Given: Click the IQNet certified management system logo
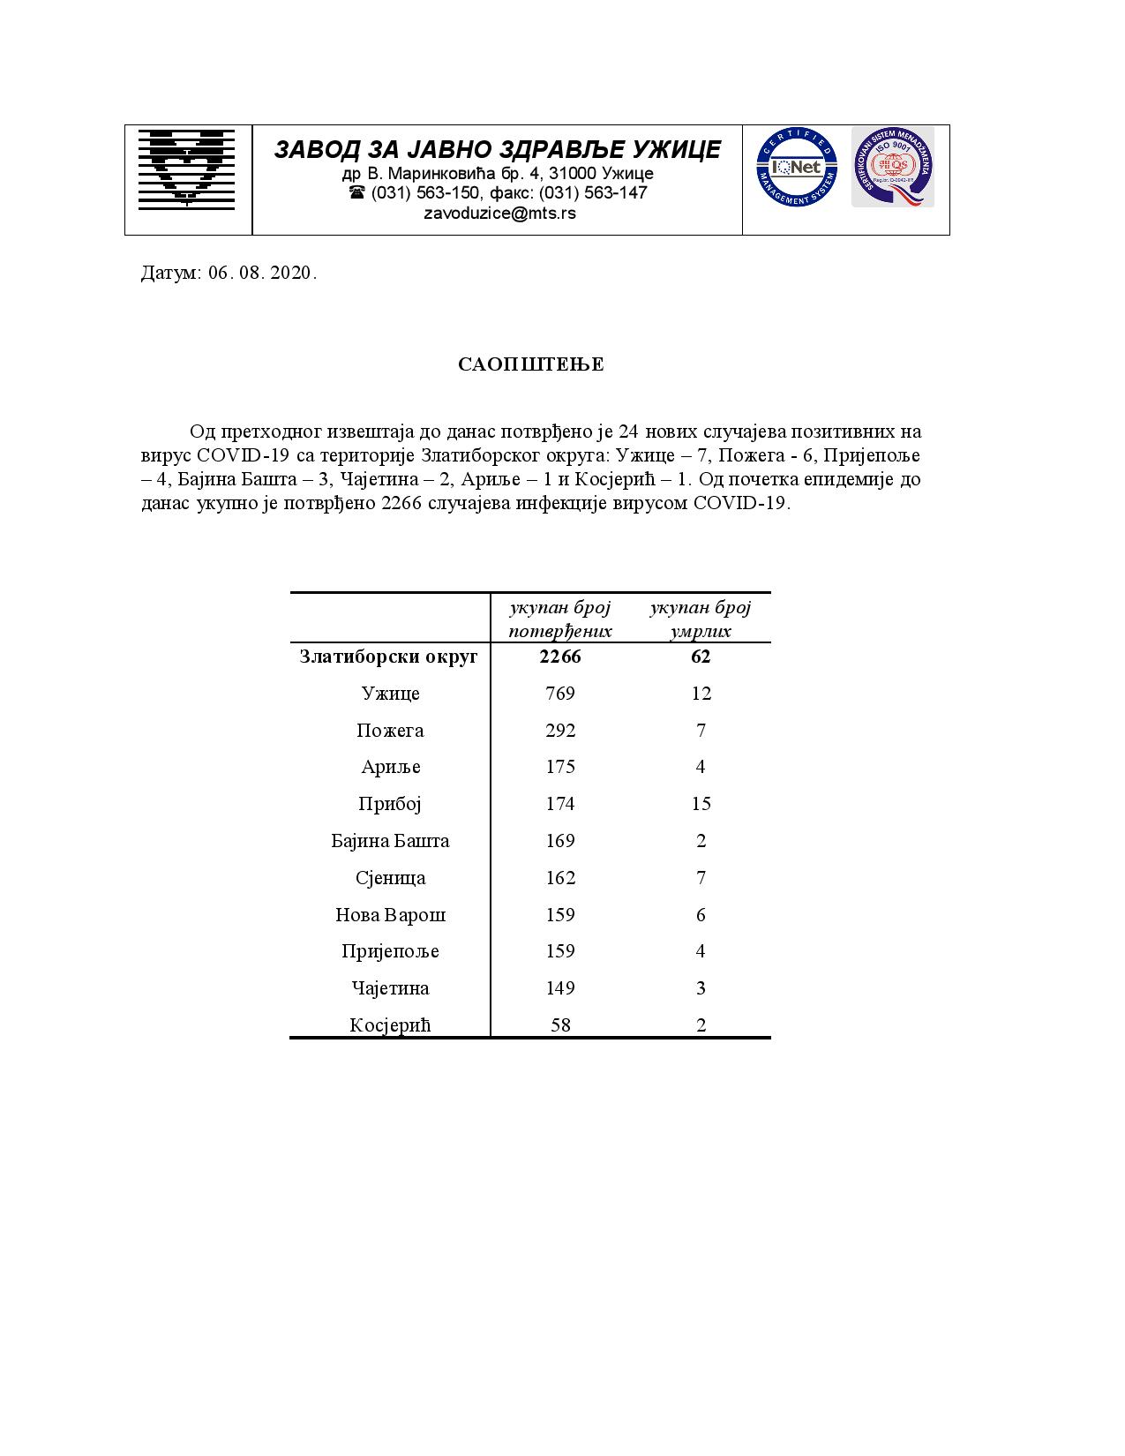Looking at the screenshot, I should click(x=796, y=168).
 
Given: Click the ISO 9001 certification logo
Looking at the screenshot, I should click(x=891, y=167).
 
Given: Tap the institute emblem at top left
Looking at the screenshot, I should click(x=187, y=169).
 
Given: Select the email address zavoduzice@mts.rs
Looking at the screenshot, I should click(x=499, y=213).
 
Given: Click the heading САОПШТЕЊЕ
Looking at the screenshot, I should click(x=531, y=365).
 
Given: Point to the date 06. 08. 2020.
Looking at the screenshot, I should click(x=262, y=273).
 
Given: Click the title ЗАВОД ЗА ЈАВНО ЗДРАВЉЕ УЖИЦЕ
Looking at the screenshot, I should click(x=498, y=149).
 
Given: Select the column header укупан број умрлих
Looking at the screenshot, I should click(x=701, y=619).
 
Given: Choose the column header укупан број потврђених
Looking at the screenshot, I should click(x=560, y=619).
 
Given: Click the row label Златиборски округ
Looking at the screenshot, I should click(x=389, y=657).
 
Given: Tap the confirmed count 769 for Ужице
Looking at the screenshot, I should click(x=560, y=694).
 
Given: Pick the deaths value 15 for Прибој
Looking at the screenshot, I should click(x=701, y=804).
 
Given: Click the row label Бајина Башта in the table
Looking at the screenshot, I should click(x=390, y=841).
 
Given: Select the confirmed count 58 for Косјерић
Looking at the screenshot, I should click(x=560, y=1025).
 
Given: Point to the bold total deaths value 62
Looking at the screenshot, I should click(x=701, y=657).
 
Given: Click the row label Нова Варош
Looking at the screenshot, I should click(x=390, y=915).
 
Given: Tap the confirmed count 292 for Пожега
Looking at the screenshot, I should click(x=560, y=731).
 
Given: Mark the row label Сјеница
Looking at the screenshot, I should click(x=390, y=878).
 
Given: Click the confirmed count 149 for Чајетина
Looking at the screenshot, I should click(x=560, y=988).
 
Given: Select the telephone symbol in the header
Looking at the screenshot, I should click(x=356, y=192).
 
